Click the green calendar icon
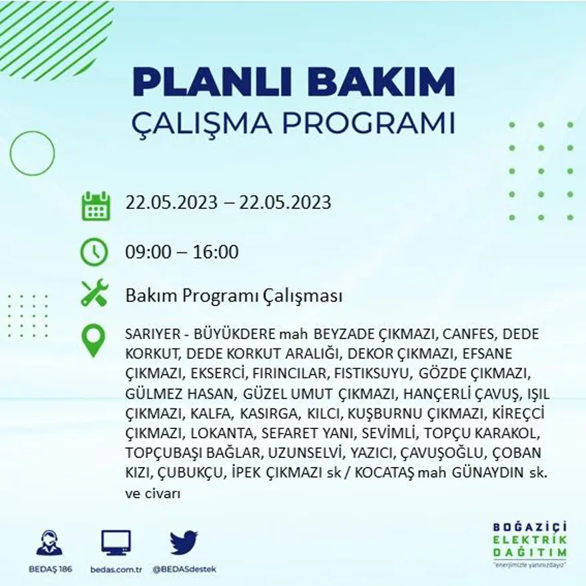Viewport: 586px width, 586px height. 95,206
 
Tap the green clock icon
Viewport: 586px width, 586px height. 94,252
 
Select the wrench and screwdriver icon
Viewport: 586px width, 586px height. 95,294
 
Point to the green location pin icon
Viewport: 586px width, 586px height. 93,340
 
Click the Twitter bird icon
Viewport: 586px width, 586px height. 183,543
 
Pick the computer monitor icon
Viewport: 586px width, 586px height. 116,543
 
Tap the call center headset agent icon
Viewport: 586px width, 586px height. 49,543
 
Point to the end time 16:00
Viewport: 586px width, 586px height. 216,252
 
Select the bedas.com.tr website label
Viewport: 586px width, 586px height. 116,570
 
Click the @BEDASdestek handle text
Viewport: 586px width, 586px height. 184,570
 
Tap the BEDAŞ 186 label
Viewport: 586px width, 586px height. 50,570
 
